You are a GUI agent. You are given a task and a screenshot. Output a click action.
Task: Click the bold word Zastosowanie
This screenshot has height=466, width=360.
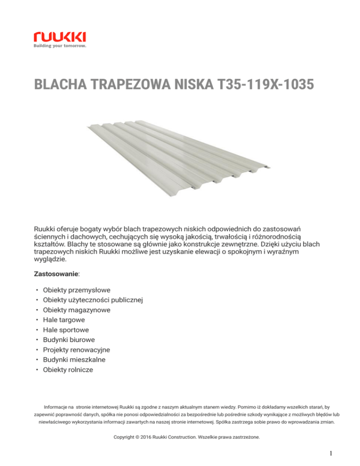pos(53,272)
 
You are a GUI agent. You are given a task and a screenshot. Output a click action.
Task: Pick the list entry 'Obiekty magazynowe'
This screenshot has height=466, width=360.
pos(75,310)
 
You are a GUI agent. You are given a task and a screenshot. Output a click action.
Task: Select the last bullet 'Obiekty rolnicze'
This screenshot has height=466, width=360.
pos(67,369)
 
